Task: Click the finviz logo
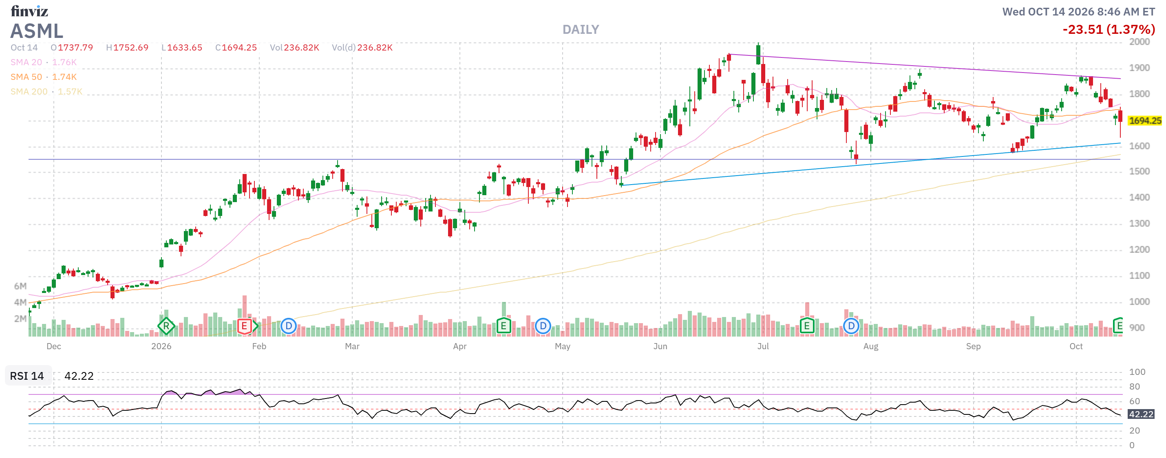[x=29, y=11]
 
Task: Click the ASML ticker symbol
[x=37, y=31]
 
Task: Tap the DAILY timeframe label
[x=581, y=30]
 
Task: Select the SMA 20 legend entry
[x=44, y=62]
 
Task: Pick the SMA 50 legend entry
[x=44, y=77]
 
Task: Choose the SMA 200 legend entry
[x=46, y=91]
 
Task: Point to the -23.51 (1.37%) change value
[x=1109, y=30]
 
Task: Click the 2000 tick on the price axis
[x=1139, y=42]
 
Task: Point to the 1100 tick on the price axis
[x=1139, y=275]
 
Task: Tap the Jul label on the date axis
[x=763, y=346]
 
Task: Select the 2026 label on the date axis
[x=161, y=346]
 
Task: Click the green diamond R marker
[x=166, y=326]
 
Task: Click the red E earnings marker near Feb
[x=245, y=326]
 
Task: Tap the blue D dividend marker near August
[x=851, y=326]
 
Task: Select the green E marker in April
[x=503, y=326]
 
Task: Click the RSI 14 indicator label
[x=27, y=376]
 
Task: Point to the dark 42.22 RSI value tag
[x=1141, y=414]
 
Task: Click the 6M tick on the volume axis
[x=20, y=286]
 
